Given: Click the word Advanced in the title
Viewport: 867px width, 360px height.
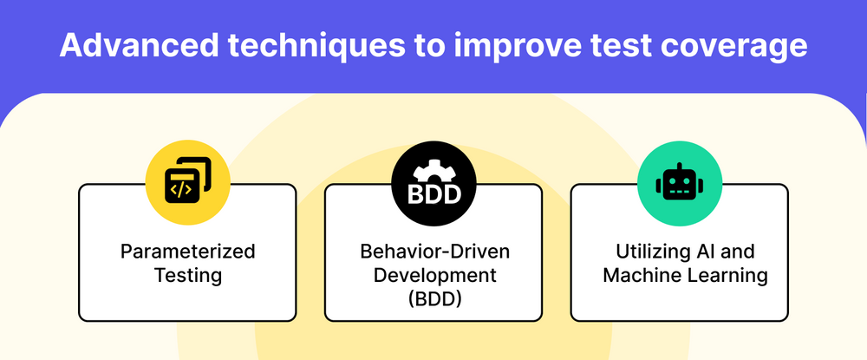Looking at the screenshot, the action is (x=139, y=45).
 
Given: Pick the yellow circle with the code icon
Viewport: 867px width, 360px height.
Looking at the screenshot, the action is (x=188, y=183).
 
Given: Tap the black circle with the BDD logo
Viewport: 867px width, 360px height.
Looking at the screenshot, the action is (x=433, y=183).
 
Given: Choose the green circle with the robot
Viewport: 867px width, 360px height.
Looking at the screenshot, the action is (x=680, y=183).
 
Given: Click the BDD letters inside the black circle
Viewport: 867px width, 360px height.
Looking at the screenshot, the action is (x=434, y=194).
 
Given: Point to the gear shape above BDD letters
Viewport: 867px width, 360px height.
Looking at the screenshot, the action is (x=434, y=170).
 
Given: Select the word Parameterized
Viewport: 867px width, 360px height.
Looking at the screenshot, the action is (x=188, y=252).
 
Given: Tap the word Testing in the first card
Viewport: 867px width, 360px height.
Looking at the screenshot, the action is (x=188, y=275).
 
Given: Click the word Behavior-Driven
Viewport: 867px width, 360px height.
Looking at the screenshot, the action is (x=434, y=252).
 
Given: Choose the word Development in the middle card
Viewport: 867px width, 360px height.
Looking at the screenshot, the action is (x=434, y=275).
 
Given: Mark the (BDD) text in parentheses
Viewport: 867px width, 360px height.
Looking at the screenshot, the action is (x=434, y=299).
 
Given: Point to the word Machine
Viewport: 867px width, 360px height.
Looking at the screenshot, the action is (x=641, y=275).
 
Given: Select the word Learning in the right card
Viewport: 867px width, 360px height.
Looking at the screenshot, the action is (x=727, y=276).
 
